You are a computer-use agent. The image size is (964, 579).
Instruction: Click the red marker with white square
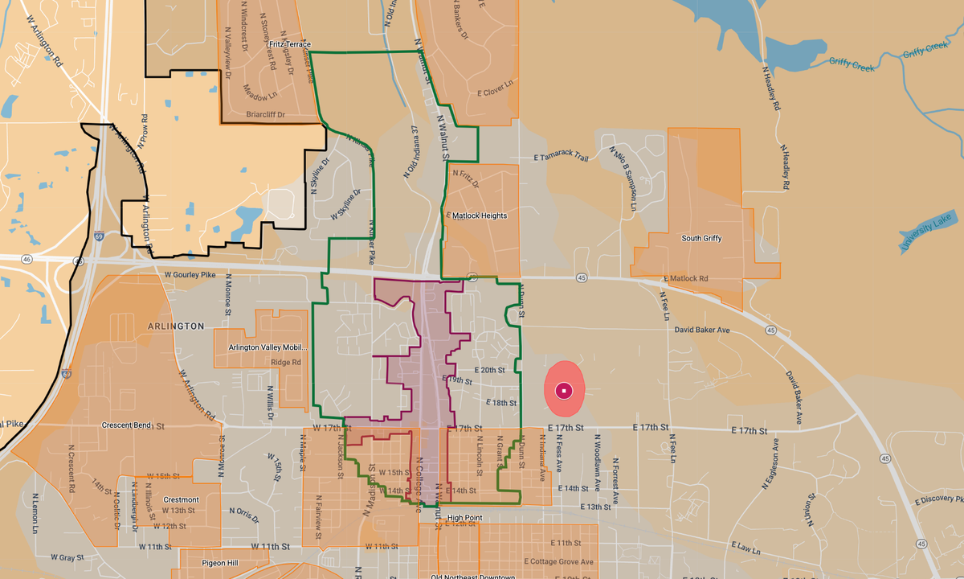(565, 391)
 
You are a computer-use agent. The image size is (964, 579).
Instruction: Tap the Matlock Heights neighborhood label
(480, 216)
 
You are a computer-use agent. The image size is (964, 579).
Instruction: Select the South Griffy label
(701, 239)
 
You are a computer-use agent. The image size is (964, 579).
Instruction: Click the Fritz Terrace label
(290, 44)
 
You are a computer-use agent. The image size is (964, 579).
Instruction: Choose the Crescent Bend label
(128, 425)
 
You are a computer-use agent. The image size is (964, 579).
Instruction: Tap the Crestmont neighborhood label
(181, 499)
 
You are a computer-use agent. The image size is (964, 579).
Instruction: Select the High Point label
(465, 517)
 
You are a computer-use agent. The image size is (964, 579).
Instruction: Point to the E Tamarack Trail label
(562, 158)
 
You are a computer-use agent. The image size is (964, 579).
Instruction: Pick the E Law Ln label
(745, 548)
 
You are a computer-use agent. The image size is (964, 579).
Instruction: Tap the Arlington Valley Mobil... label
(268, 347)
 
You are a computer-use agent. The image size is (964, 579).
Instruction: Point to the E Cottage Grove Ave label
(558, 561)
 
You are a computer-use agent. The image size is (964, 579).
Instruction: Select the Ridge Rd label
(285, 363)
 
